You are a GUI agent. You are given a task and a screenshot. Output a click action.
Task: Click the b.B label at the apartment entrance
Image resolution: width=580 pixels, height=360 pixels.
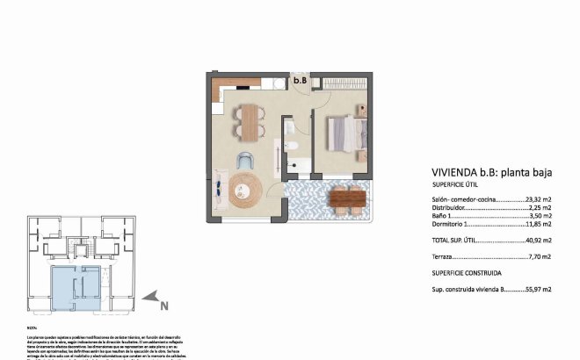pos(300,81)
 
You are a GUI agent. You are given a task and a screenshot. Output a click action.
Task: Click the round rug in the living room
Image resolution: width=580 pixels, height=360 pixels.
pos(245,188)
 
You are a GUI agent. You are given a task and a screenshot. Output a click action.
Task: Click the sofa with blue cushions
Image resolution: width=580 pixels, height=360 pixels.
pos(219,186)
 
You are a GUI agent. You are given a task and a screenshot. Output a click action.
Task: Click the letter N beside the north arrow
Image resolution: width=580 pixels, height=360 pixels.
pos(163,306)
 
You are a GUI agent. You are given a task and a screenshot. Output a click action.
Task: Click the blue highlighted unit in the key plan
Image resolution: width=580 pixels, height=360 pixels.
pos(75,288)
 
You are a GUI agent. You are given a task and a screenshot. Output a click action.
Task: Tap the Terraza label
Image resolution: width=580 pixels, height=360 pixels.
pos(444,257)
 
